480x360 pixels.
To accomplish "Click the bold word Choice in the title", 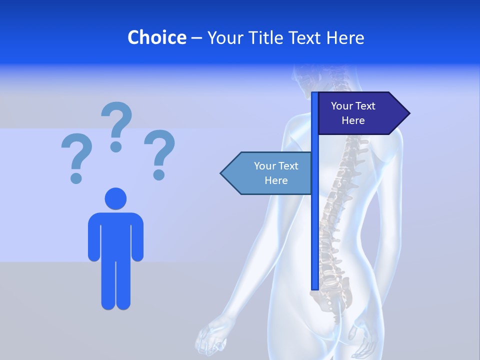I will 156,37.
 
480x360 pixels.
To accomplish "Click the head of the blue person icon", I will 115,198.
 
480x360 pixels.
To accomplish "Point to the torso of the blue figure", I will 115,235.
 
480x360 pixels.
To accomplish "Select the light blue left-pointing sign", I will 267,173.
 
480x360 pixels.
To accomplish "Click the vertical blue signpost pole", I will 314,225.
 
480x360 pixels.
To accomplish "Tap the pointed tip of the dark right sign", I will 407,113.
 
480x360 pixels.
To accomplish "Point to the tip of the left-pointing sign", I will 223,173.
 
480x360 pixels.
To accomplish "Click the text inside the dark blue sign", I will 353,113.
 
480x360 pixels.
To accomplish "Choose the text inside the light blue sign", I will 276,173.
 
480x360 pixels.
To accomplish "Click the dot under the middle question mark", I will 116,146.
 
